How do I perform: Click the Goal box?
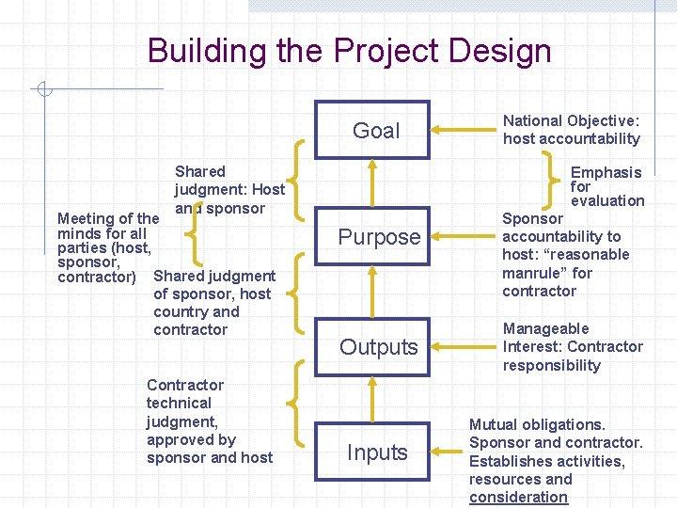[x=374, y=130]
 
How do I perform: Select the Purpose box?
[x=378, y=237]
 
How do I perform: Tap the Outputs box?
[x=378, y=347]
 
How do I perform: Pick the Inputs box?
[x=376, y=452]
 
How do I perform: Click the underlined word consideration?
[x=519, y=497]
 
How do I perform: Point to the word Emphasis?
[x=606, y=172]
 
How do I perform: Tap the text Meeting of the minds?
[x=108, y=226]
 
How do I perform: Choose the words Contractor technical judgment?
[x=185, y=403]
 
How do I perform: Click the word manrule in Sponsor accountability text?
[x=533, y=273]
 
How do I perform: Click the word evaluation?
[x=607, y=200]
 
